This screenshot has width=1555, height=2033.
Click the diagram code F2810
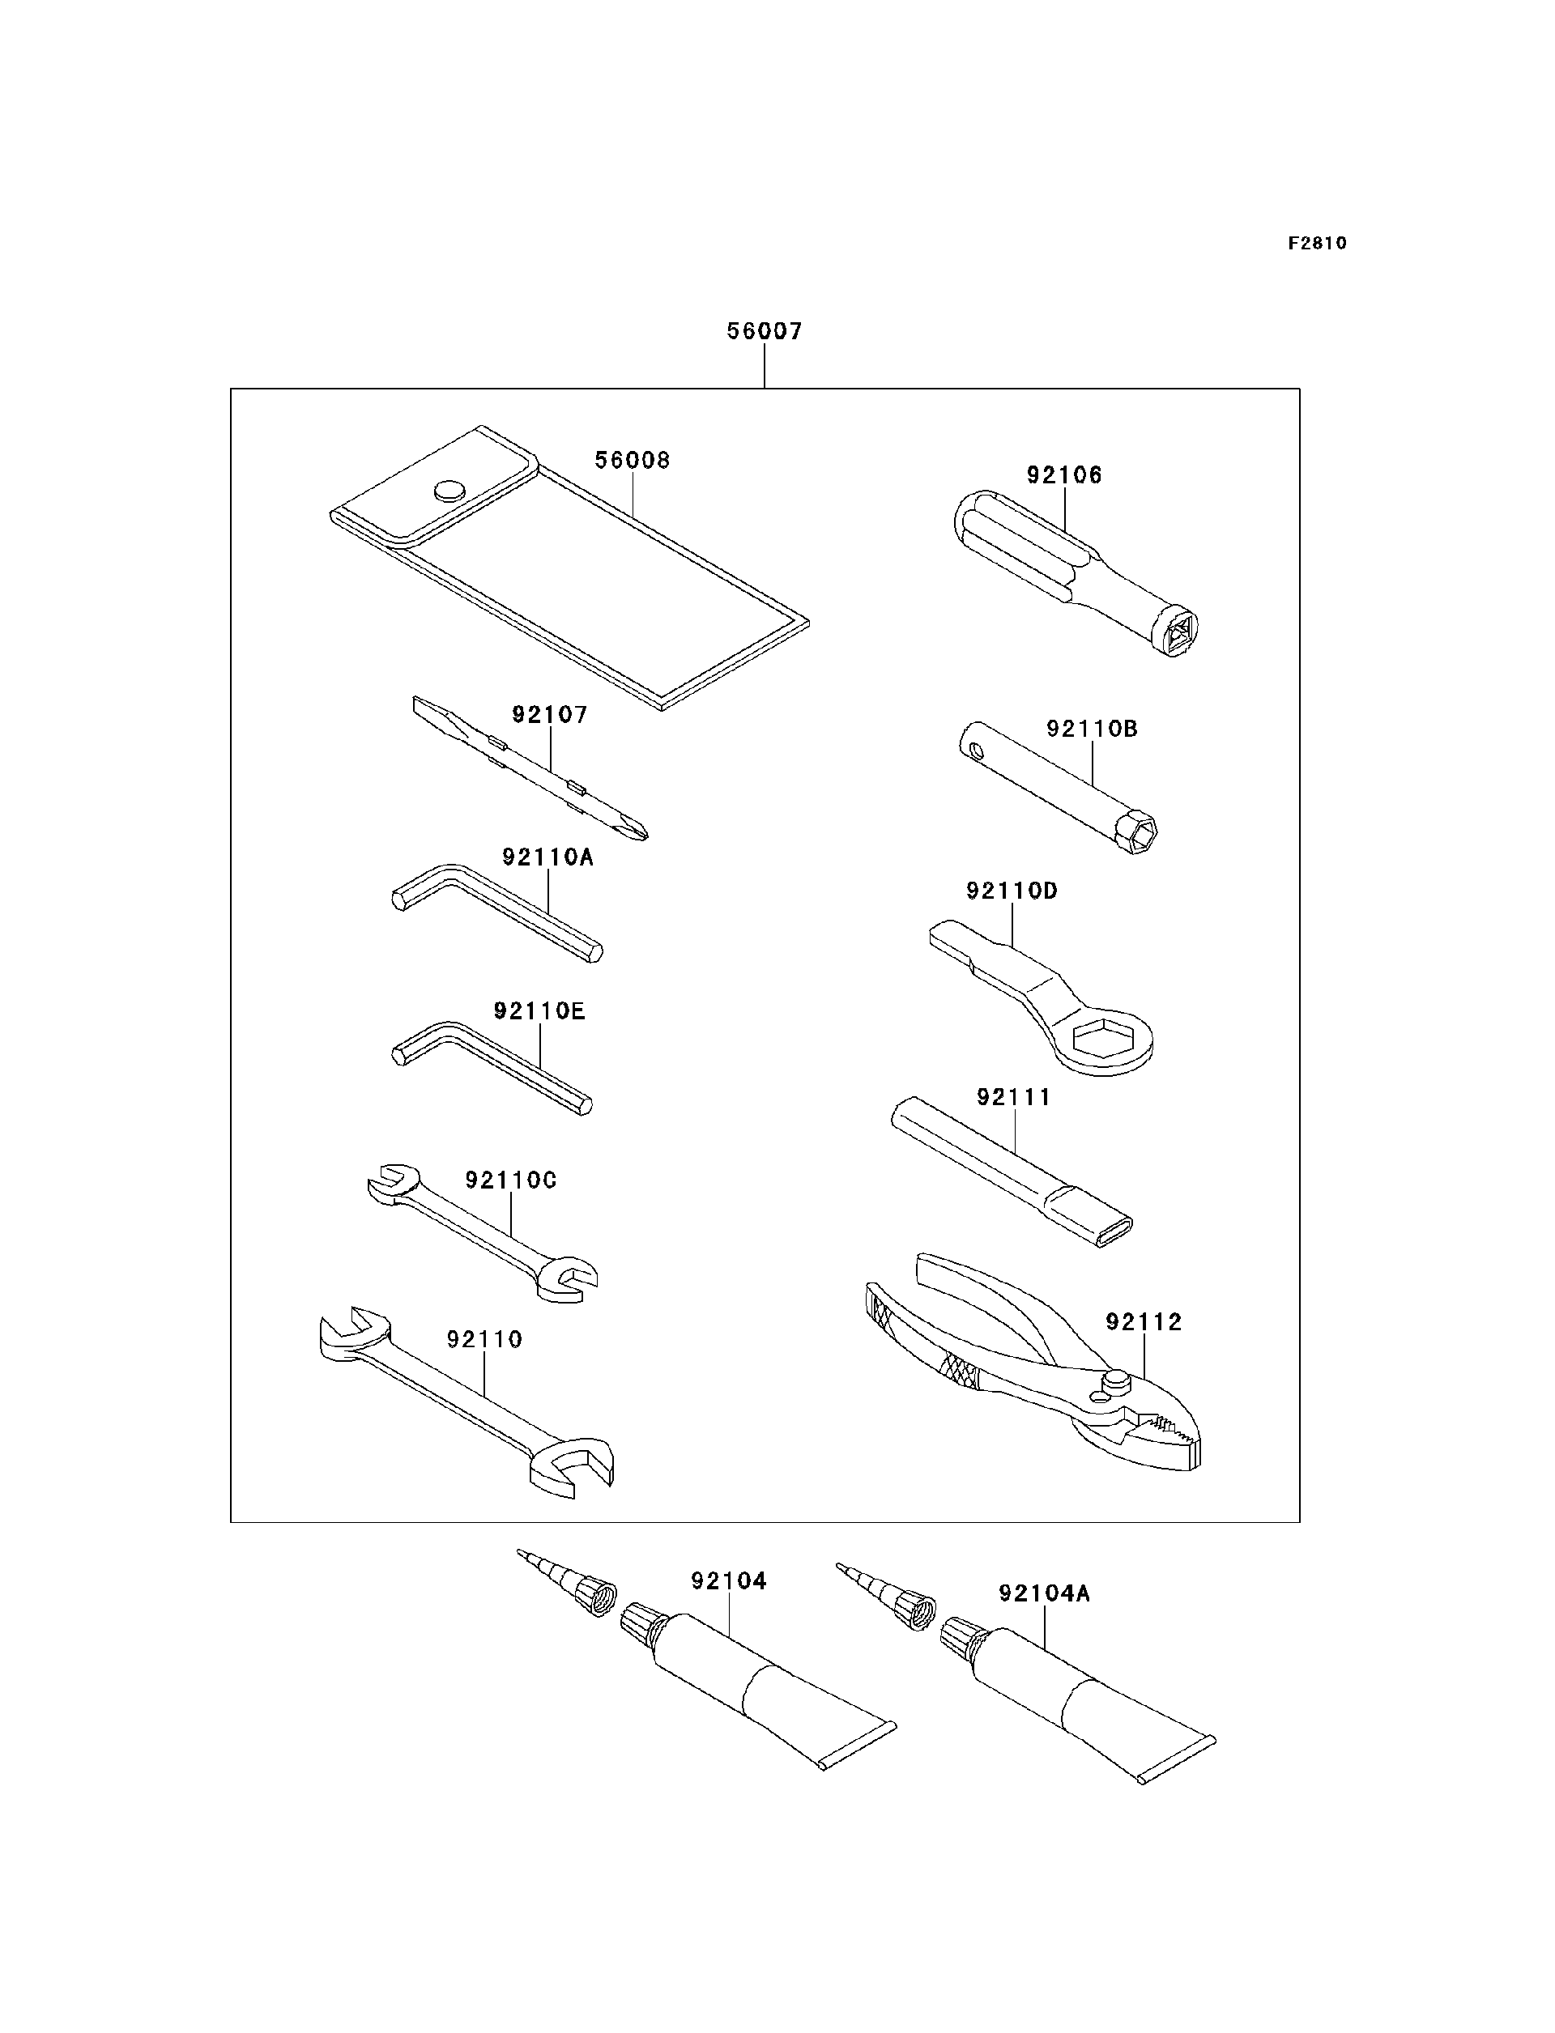(x=1317, y=244)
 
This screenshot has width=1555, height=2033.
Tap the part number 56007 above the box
(x=765, y=331)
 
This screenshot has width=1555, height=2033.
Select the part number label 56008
(x=633, y=460)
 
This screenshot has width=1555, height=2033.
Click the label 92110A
(x=548, y=857)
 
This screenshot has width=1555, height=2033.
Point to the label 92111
(x=1015, y=1098)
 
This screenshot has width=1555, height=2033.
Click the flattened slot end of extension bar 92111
(x=1114, y=1231)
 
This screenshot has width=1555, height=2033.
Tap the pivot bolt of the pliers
(x=1116, y=1381)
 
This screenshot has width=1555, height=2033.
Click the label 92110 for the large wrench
(x=485, y=1340)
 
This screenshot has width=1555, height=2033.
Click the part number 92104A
(x=1044, y=1593)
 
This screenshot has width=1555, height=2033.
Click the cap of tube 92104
(x=641, y=1621)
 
